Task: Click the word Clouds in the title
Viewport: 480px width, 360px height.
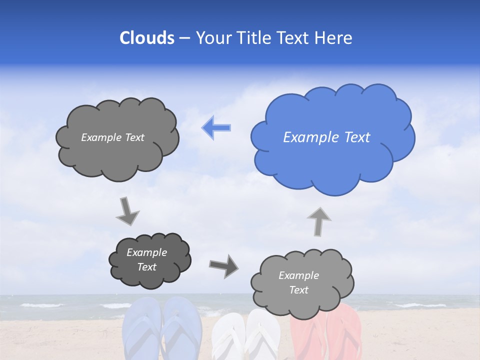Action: pos(146,38)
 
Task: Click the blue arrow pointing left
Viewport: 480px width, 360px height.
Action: pos(216,128)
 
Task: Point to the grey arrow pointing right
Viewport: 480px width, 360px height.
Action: pos(223,265)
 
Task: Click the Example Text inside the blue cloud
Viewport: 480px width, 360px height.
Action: pos(326,137)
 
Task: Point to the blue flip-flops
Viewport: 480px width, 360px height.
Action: pos(162,330)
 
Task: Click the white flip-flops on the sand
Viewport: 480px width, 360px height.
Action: pos(245,335)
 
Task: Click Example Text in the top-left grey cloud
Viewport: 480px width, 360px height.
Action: pos(112,137)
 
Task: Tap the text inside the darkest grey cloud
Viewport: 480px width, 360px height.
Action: pos(146,259)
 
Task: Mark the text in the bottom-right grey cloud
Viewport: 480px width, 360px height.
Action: pos(298,282)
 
